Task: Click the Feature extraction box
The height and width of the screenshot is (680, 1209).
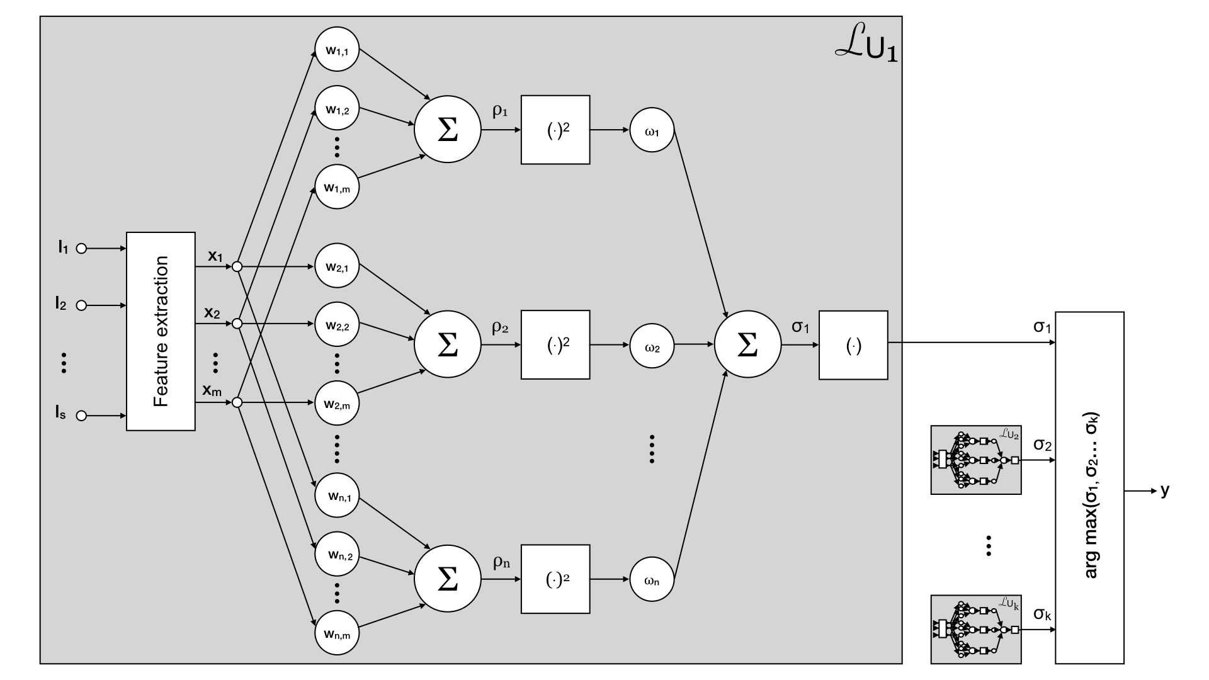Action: (161, 331)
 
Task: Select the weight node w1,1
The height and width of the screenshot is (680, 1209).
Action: (337, 50)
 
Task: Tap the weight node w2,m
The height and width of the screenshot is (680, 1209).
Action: (337, 404)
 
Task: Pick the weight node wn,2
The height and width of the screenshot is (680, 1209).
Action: (337, 554)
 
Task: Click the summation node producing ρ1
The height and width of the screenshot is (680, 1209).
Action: (447, 130)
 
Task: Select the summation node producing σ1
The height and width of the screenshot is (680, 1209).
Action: (747, 344)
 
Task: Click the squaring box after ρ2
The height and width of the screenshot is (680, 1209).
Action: (555, 344)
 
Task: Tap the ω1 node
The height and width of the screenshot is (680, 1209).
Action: (652, 130)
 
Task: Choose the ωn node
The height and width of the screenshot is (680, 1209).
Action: (652, 579)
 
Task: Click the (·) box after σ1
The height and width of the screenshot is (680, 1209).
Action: (853, 344)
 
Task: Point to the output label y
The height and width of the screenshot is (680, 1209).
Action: (1165, 490)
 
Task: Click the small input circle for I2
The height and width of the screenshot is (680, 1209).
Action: (81, 306)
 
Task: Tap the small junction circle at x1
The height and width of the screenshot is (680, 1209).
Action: (237, 267)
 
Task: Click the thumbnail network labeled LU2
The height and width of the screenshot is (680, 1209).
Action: (975, 460)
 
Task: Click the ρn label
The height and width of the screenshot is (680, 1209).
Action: (501, 562)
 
